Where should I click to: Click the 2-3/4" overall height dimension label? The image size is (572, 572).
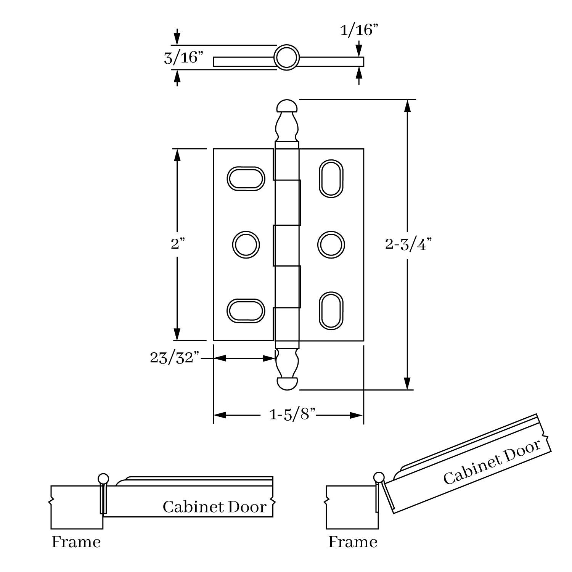pos(408,244)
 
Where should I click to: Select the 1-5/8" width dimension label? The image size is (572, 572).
pos(292,415)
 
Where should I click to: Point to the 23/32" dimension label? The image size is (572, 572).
pos(175,358)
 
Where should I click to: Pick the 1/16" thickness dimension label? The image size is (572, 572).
pos(359,30)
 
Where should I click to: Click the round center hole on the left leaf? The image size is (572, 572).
pos(246,244)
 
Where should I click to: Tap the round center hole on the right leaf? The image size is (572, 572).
pos(331,244)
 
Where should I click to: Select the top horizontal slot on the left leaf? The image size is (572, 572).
pos(246,178)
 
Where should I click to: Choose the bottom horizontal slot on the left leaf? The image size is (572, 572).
pos(246,311)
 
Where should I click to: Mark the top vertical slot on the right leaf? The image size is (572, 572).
pos(331,178)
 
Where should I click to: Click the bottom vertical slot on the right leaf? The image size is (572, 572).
pos(331,310)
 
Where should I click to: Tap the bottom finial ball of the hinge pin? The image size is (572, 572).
pos(287,384)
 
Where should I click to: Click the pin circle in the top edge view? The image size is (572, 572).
pos(286,58)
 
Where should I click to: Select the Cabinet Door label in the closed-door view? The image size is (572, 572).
pos(214,507)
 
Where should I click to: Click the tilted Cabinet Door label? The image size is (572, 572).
pos(492,462)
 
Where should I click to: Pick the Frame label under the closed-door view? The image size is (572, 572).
pos(76,542)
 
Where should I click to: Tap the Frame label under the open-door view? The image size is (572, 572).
pos(353,542)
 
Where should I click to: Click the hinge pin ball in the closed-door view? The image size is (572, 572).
pos(103,479)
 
